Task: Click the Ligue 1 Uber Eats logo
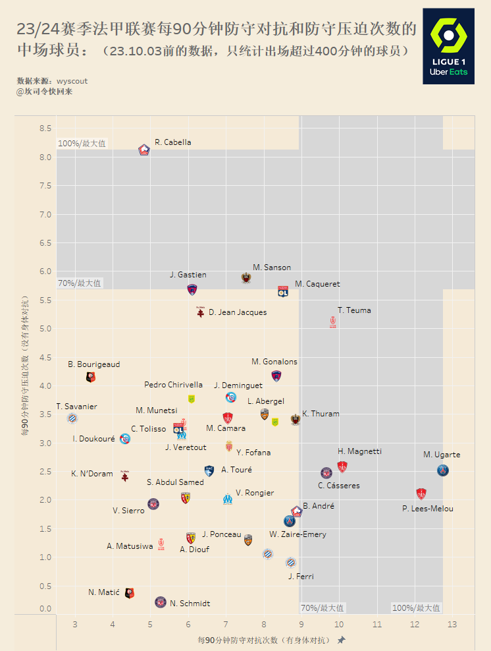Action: [x=448, y=46]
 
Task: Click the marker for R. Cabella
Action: [x=145, y=150]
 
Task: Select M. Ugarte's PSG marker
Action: [x=444, y=470]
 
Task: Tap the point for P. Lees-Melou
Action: [x=421, y=494]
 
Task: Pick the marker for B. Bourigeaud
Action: [x=91, y=377]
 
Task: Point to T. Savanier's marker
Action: [x=72, y=418]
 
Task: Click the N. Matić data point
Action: [x=130, y=593]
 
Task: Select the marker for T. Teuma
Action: [x=332, y=322]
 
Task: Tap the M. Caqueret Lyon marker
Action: [x=283, y=291]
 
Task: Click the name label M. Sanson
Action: [x=272, y=268]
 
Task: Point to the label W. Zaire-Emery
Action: [x=297, y=534]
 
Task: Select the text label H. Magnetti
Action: [x=359, y=451]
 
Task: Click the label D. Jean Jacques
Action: [x=238, y=312]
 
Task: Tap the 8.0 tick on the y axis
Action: [x=45, y=157]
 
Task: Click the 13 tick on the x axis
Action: [x=452, y=624]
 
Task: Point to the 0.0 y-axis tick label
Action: [x=45, y=609]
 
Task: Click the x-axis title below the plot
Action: [x=263, y=640]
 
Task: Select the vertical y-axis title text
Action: [x=25, y=366]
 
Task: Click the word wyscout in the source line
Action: [x=72, y=81]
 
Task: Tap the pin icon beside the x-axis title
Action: [x=341, y=640]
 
